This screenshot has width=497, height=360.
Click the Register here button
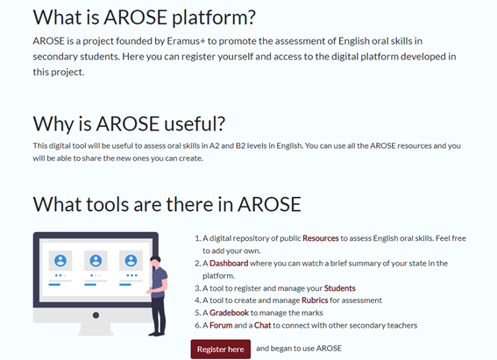coord(220,349)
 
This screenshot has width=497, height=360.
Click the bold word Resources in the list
coord(322,237)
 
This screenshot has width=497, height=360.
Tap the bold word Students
coord(339,288)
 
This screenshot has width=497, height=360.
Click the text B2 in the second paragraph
coord(224,145)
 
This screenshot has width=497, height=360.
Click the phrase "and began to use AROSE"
coord(298,349)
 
